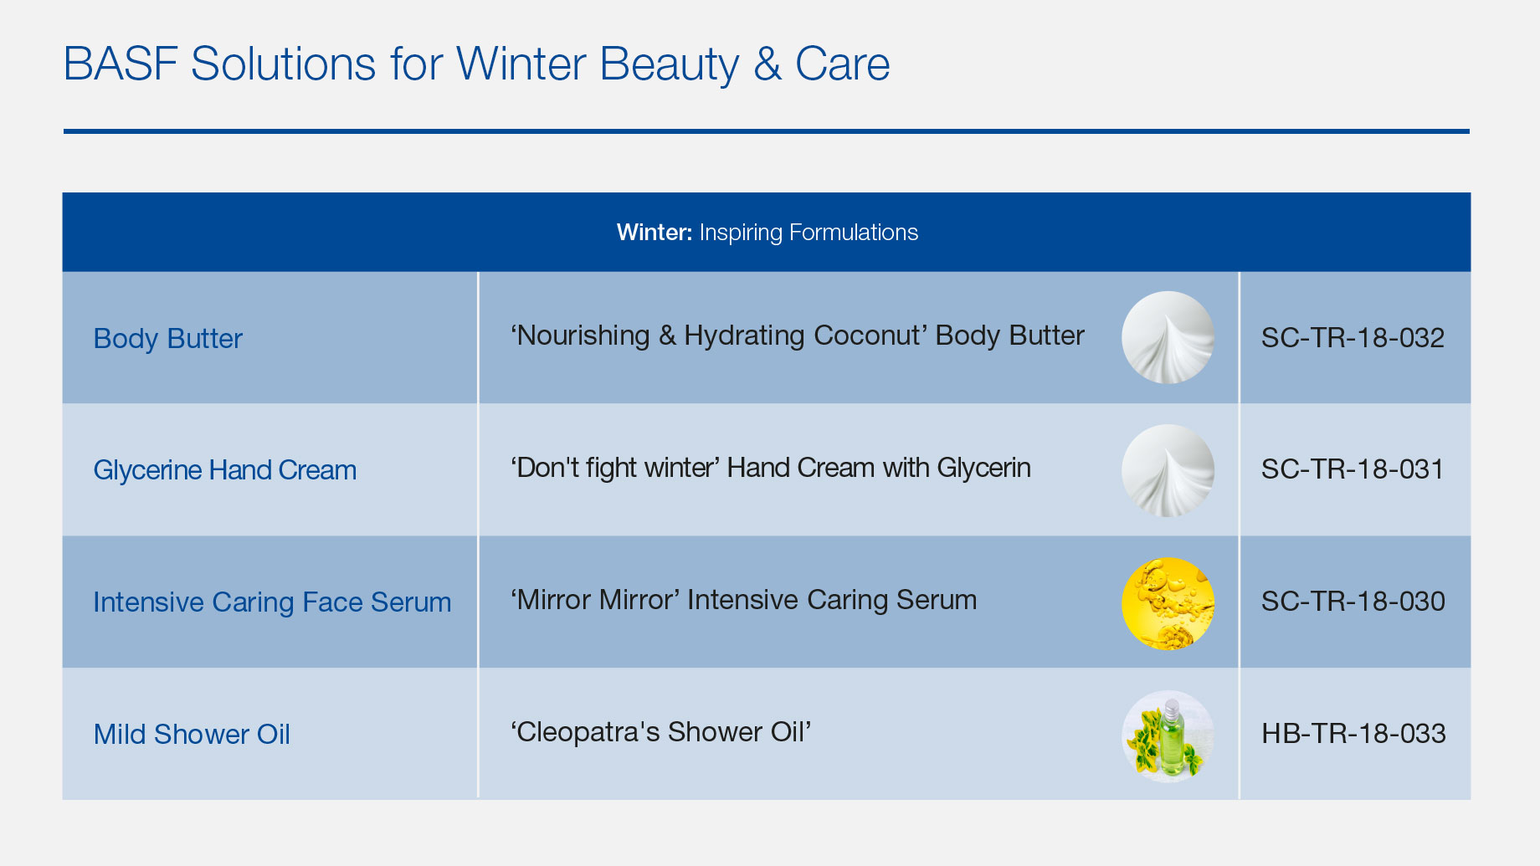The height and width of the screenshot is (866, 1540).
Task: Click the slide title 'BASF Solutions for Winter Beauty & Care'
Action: pos(476,64)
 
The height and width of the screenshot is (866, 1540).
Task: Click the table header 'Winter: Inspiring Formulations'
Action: pos(767,232)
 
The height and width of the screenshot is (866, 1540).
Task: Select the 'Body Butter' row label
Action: pos(168,338)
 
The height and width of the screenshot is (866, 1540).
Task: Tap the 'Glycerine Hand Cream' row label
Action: pos(225,470)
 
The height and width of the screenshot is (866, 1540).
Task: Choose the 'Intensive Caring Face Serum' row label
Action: pos(272,602)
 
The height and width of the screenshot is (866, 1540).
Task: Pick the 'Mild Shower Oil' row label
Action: pos(192,734)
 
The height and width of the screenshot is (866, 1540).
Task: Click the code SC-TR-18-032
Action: pos(1353,338)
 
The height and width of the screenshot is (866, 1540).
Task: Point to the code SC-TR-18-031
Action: pos(1353,469)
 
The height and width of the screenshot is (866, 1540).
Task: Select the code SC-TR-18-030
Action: pos(1353,602)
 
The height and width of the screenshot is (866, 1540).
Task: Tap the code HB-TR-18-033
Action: pos(1354,734)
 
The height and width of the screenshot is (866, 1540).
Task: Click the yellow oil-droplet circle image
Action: pos(1168,603)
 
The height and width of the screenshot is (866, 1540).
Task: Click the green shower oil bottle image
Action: pos(1168,736)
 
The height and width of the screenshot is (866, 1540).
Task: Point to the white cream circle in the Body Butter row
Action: pos(1168,337)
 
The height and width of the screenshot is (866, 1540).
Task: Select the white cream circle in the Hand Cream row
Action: pos(1168,470)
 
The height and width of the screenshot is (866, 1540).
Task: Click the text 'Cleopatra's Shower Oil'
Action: pos(661,732)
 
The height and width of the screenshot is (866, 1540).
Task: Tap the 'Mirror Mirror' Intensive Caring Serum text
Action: pos(743,600)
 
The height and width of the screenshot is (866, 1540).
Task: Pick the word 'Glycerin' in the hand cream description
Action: pos(984,468)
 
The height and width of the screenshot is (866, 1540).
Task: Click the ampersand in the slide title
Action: pos(767,64)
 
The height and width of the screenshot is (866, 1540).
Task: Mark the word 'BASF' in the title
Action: pos(120,64)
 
